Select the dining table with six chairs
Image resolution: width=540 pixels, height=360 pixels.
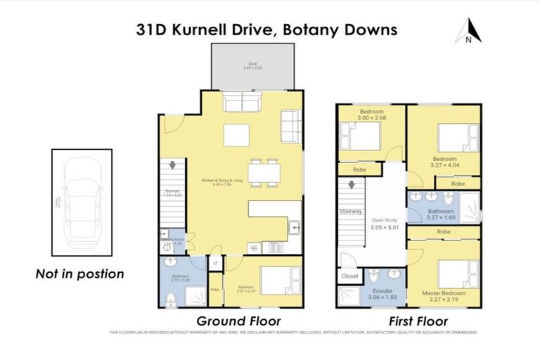point(264,172)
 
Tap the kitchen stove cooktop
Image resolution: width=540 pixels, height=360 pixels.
point(274,247)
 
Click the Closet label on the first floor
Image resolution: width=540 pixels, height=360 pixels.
point(348,277)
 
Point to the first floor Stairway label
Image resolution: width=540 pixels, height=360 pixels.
point(350,211)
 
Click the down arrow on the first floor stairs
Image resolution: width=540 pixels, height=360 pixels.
point(349,187)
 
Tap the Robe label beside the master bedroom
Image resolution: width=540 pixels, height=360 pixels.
point(444,231)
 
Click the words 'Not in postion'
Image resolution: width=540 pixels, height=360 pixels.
point(79,274)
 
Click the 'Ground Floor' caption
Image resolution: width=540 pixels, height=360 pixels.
point(238,321)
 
